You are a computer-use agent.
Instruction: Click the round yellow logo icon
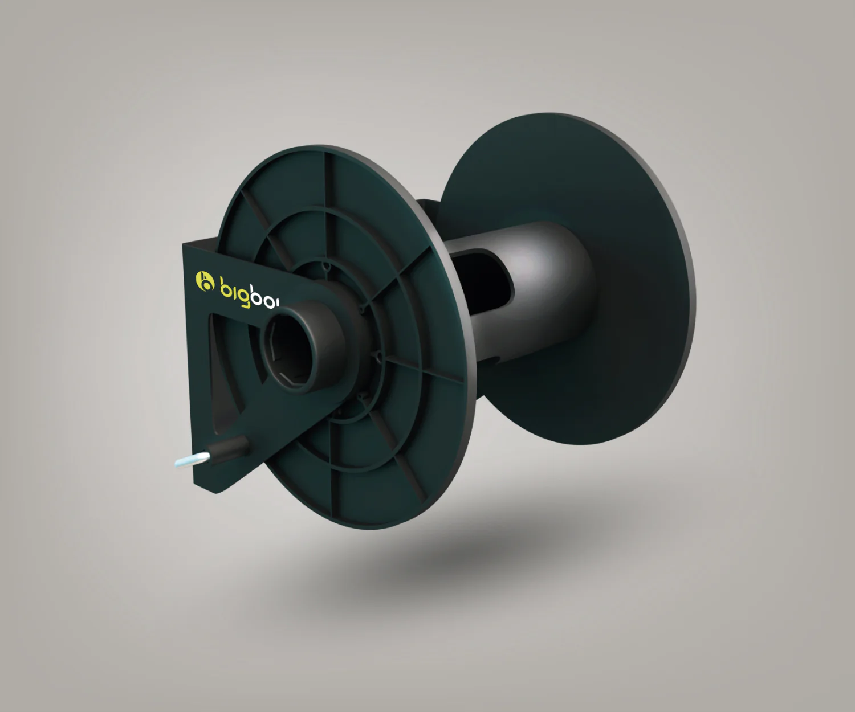(x=203, y=281)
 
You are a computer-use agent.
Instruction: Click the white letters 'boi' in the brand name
(x=265, y=298)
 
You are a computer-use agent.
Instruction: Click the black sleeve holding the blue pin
(x=228, y=448)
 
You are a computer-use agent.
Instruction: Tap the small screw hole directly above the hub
(x=325, y=265)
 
